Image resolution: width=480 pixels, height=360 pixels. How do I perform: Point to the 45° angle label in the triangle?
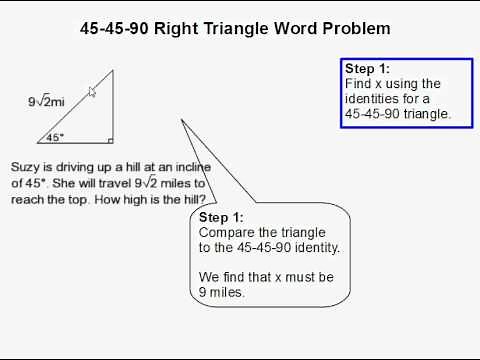point(55,138)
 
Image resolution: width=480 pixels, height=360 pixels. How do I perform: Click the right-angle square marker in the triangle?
point(109,140)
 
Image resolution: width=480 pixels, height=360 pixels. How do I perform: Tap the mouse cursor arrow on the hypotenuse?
point(92,91)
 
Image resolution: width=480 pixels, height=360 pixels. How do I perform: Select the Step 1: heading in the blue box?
point(367,69)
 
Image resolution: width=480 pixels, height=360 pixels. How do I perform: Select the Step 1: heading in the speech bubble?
point(221,217)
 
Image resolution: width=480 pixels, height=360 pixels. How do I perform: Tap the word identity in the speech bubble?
point(315,247)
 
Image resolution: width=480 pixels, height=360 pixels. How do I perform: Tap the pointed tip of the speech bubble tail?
point(182,121)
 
